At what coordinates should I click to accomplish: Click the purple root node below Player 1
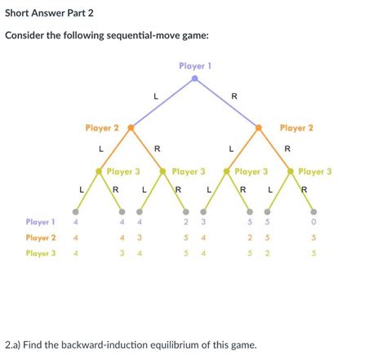click(194, 79)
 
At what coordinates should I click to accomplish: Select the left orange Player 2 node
click(131, 128)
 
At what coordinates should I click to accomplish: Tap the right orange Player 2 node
click(258, 128)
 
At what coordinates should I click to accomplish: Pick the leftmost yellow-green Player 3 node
click(99, 171)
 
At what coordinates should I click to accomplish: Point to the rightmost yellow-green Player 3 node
click(291, 171)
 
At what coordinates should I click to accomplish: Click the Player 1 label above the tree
click(194, 65)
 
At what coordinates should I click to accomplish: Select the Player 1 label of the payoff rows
click(40, 221)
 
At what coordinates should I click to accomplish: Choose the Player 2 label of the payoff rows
click(40, 237)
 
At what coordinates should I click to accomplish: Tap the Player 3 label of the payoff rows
click(40, 253)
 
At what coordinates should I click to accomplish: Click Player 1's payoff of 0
click(314, 221)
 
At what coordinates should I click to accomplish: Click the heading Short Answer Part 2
click(51, 12)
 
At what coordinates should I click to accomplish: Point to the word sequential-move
click(144, 37)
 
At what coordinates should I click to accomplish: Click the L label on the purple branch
click(155, 97)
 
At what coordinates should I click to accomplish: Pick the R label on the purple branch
click(234, 97)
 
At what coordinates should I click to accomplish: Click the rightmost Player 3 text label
click(315, 171)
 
